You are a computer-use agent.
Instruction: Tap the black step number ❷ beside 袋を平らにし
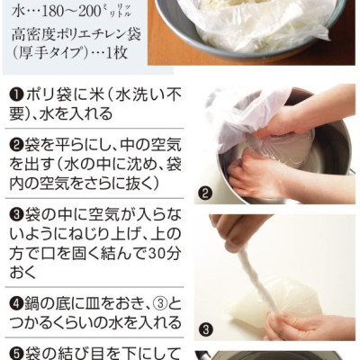click(x=17, y=146)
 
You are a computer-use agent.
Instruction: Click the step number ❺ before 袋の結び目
click(x=17, y=352)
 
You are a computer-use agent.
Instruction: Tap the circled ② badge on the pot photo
click(x=205, y=194)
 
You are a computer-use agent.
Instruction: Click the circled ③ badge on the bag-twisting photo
click(x=205, y=330)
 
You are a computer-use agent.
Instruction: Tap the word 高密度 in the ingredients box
click(x=30, y=35)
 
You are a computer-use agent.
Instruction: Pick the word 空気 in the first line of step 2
click(x=166, y=146)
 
